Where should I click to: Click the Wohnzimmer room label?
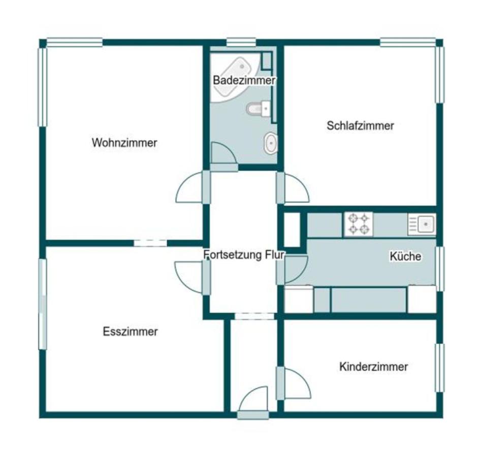click(x=124, y=143)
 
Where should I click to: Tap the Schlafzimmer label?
click(x=360, y=126)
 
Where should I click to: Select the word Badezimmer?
click(x=244, y=81)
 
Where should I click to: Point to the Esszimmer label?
click(x=131, y=332)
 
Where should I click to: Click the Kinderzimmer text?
click(x=373, y=367)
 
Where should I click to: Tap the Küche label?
click(x=405, y=256)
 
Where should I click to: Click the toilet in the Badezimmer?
click(x=259, y=109)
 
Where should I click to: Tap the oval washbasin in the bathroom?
click(x=271, y=143)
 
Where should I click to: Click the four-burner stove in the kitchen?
click(x=359, y=224)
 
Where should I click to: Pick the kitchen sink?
click(x=422, y=224)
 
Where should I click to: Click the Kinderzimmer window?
click(x=440, y=368)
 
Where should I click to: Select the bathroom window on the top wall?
click(x=241, y=42)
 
